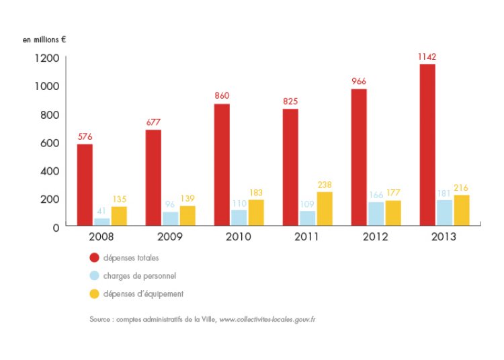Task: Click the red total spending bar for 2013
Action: click(427, 144)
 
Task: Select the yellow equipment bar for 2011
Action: click(324, 209)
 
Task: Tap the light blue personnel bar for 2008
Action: click(102, 222)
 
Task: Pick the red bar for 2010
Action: click(222, 165)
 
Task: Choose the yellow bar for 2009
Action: click(187, 216)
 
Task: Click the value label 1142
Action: click(427, 56)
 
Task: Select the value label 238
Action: click(324, 184)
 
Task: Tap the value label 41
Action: click(102, 210)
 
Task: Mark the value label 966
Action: click(359, 81)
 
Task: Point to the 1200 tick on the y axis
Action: click(47, 58)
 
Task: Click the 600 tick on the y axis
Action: click(50, 142)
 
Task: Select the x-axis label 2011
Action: click(307, 237)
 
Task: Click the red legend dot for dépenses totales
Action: click(95, 257)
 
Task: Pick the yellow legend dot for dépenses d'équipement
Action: click(95, 294)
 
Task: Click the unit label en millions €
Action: click(44, 39)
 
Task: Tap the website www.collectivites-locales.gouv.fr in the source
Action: click(267, 319)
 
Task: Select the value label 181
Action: click(444, 192)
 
